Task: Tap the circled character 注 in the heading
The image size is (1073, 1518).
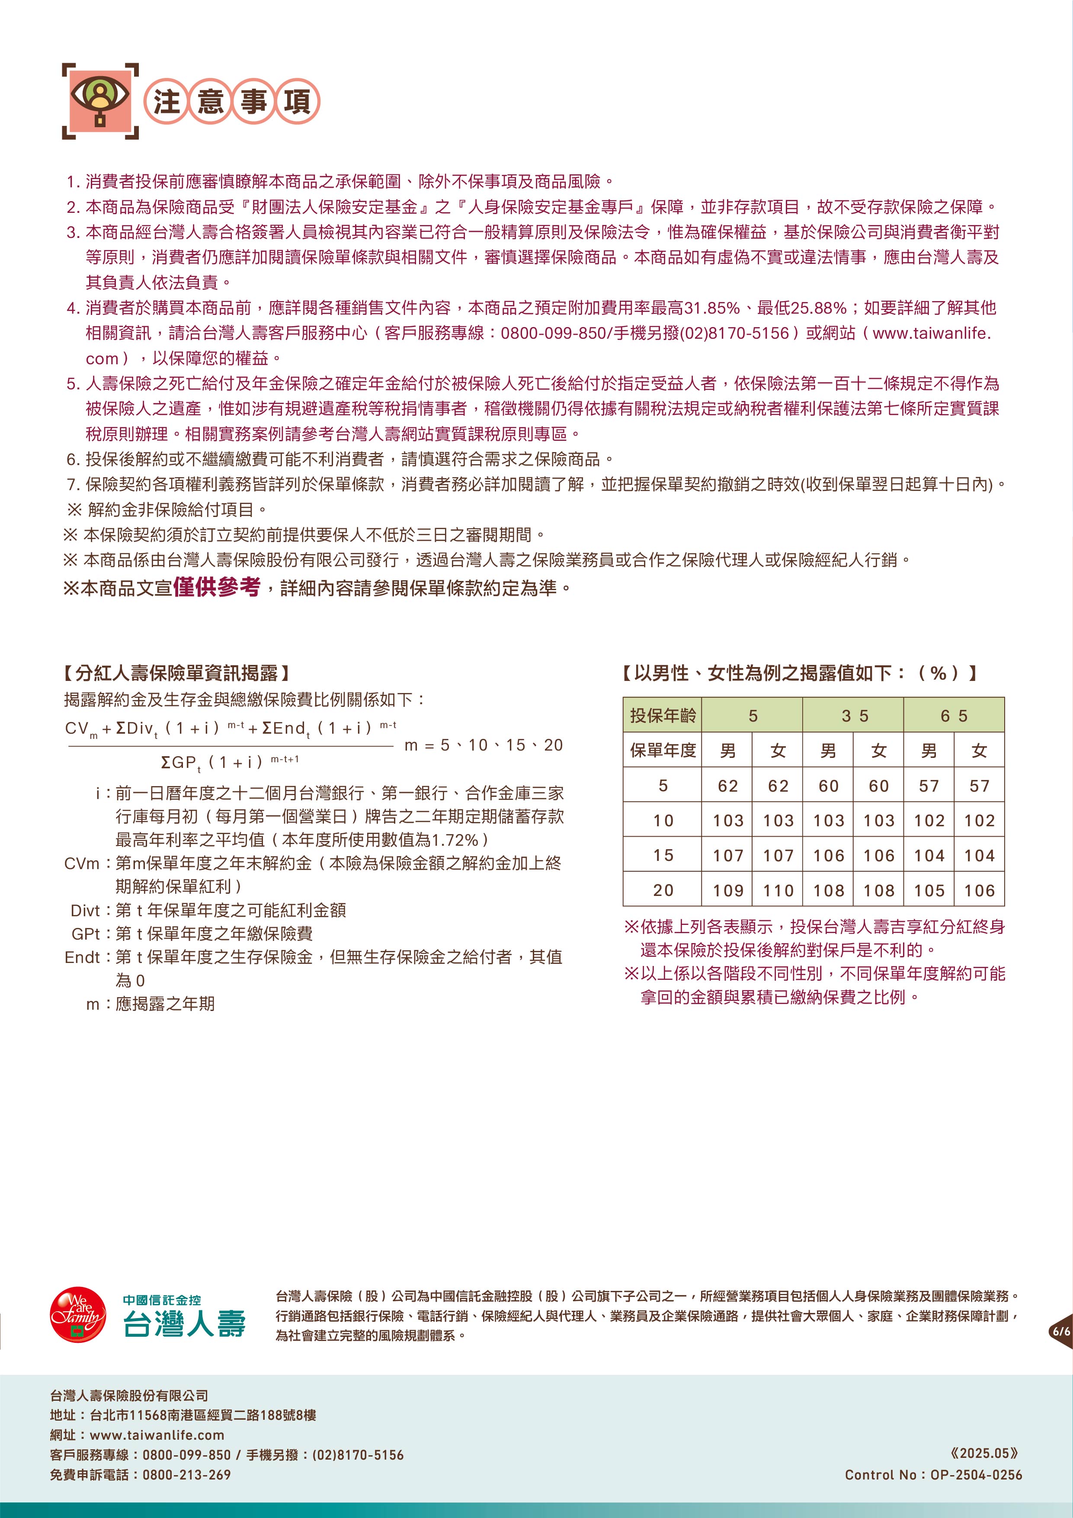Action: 167,103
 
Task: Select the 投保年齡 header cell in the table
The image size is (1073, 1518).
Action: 663,716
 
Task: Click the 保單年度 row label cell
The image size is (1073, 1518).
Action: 663,751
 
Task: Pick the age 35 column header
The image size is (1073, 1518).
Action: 853,716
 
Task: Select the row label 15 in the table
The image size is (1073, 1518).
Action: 663,856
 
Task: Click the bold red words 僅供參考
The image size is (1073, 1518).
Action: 216,587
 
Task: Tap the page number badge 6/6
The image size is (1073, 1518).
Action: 1060,1331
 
